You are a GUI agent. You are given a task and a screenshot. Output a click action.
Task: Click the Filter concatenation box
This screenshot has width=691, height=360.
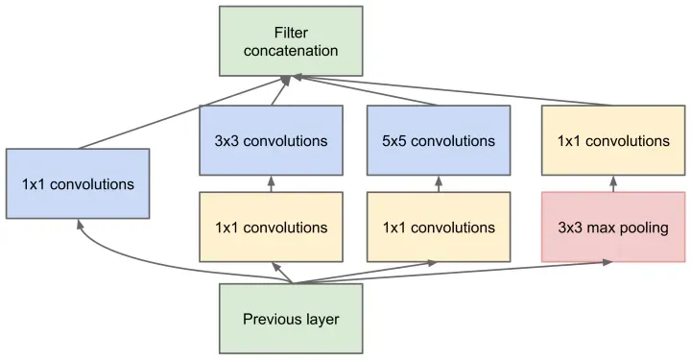pos(291,41)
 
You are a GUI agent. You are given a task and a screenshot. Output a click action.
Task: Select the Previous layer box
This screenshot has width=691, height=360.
pos(291,319)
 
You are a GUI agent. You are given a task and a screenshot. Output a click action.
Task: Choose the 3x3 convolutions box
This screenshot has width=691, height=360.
pos(271,140)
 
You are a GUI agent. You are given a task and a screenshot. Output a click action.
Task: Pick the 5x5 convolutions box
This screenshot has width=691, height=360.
pos(439,140)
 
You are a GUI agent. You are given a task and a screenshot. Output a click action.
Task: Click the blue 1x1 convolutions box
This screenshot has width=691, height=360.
pos(77,182)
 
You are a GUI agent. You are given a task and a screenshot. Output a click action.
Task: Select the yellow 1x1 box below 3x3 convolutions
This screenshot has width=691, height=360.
pos(271,228)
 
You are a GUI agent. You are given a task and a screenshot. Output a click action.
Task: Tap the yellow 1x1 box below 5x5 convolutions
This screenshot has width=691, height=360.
pos(439,228)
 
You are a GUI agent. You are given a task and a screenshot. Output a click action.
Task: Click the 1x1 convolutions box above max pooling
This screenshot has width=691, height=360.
pos(613,140)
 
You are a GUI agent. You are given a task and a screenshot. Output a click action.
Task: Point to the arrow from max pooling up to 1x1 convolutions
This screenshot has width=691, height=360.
pos(613,183)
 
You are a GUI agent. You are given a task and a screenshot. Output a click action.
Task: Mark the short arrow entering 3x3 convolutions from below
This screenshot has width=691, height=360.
pos(271,183)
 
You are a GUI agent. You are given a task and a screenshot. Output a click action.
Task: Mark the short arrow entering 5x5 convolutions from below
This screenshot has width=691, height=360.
pos(439,183)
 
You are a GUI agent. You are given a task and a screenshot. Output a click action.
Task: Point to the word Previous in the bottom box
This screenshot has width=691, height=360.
pos(271,319)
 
